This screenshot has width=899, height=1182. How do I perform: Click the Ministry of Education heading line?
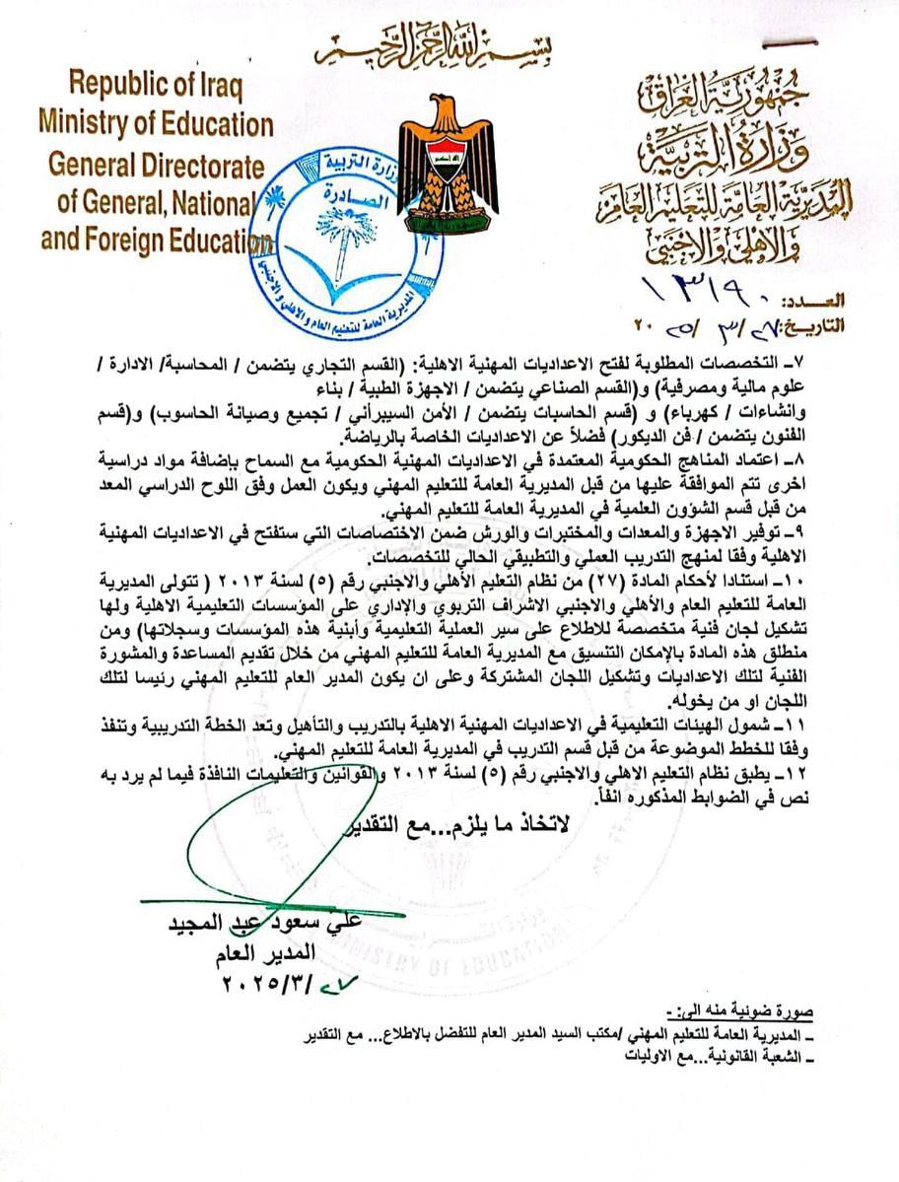pos(156,123)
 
